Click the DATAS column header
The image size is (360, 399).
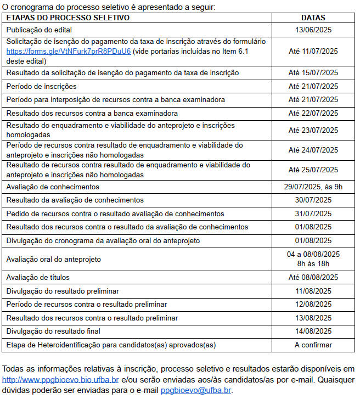313,18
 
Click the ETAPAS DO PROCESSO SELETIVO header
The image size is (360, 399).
67,18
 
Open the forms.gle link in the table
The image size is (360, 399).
69,51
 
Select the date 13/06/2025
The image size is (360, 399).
313,29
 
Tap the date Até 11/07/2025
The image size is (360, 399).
313,51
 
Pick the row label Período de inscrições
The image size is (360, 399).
41,86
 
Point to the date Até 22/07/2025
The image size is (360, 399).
313,113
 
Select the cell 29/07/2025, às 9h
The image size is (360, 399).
313,187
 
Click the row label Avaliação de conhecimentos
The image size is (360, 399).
53,187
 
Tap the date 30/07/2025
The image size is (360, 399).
313,200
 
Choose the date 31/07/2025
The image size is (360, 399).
313,213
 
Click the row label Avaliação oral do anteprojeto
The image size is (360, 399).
54,259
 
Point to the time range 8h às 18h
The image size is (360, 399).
313,263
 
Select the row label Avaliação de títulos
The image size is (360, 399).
38,278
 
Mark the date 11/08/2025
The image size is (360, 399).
313,291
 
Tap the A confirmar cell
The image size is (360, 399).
313,345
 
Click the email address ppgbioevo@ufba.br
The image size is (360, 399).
196,390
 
